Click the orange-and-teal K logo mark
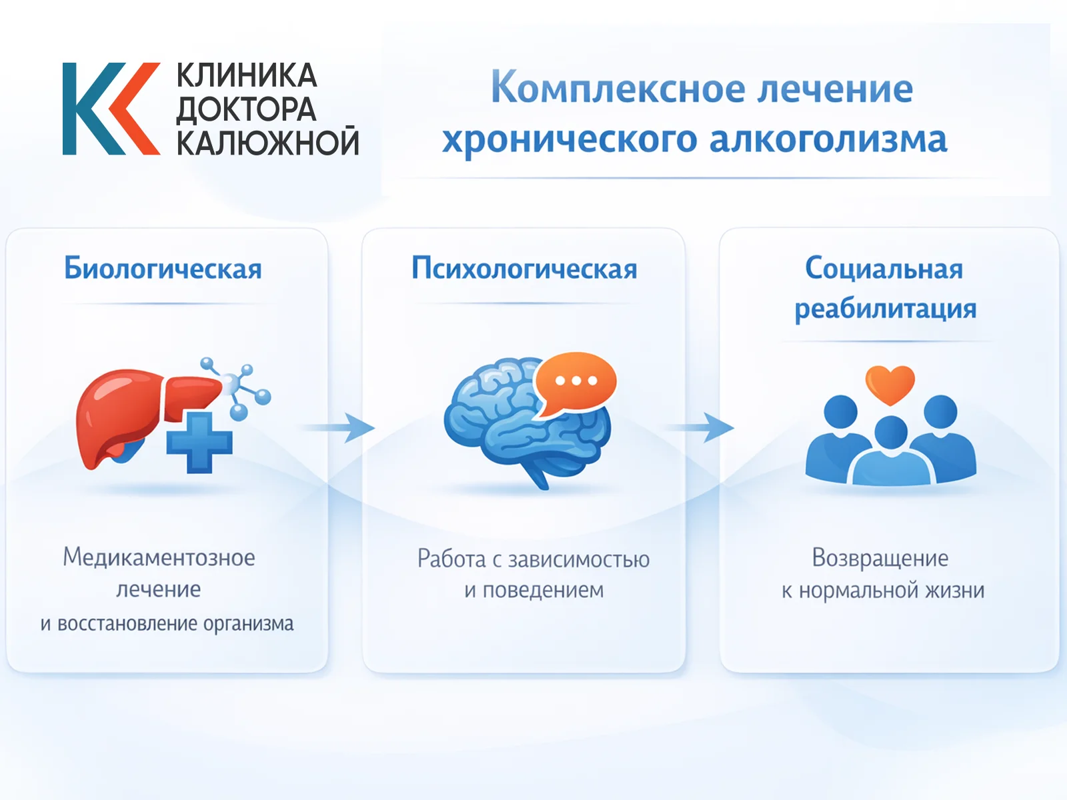[x=110, y=109]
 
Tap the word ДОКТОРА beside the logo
[x=246, y=109]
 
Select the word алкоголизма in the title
[x=828, y=140]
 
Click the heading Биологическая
[x=163, y=269]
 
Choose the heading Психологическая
[x=524, y=269]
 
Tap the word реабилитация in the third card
[x=885, y=309]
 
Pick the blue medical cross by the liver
[x=199, y=442]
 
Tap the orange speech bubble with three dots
[x=575, y=382]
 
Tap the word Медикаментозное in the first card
[x=159, y=557]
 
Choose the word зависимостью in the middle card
[x=579, y=559]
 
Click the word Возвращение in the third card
[x=880, y=558]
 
